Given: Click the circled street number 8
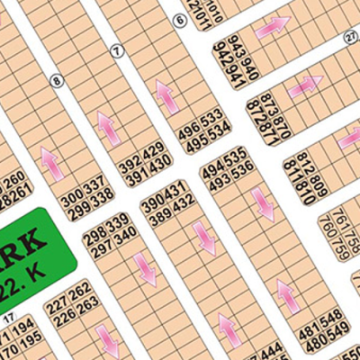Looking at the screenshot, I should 58,81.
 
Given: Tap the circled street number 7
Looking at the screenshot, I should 116,51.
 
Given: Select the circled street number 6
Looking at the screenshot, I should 180,19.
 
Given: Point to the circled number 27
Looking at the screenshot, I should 351,35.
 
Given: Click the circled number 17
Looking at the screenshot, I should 8,318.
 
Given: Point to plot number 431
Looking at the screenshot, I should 176,188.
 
